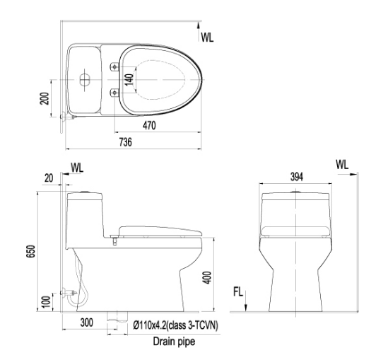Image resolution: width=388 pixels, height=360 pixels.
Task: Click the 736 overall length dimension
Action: pyautogui.click(x=126, y=142)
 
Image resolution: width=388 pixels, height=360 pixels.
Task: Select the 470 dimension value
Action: pyautogui.click(x=149, y=125)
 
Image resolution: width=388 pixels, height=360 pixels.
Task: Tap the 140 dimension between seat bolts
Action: pyautogui.click(x=129, y=80)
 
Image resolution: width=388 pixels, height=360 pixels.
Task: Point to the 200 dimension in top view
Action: pyautogui.click(x=45, y=98)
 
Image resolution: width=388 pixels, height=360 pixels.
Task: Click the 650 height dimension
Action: pyautogui.click(x=31, y=252)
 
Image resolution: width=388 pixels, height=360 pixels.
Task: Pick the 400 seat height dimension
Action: pyautogui.click(x=207, y=278)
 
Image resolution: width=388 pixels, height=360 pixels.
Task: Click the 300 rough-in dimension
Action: pyautogui.click(x=87, y=323)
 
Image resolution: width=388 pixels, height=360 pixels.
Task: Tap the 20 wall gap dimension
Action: pyautogui.click(x=49, y=178)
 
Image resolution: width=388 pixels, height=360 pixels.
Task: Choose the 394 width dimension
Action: pyautogui.click(x=296, y=177)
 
